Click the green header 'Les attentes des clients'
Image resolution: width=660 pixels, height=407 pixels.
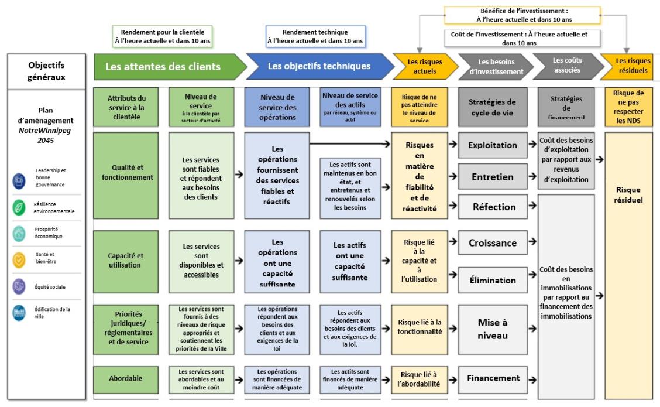(x=163, y=67)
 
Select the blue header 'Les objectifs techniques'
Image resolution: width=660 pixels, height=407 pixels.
(x=319, y=66)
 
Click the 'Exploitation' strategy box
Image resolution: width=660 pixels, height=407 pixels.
(x=492, y=145)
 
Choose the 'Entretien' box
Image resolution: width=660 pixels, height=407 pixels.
(x=492, y=177)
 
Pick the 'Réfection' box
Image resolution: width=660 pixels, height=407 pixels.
(x=492, y=207)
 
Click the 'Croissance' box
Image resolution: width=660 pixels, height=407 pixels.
(x=492, y=243)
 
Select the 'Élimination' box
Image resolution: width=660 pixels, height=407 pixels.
(x=492, y=280)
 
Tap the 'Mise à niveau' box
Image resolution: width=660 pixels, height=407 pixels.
(x=492, y=329)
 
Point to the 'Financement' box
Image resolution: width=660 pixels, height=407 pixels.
(x=492, y=378)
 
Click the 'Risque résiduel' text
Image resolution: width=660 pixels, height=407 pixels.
(x=628, y=194)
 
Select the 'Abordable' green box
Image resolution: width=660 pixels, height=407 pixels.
(x=125, y=378)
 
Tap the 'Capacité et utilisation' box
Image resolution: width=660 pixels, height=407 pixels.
(x=125, y=260)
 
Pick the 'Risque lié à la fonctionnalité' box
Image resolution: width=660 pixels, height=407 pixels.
(x=420, y=327)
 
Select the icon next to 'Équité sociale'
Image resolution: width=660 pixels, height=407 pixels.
(x=19, y=286)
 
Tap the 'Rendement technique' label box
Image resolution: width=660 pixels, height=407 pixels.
(x=315, y=36)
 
